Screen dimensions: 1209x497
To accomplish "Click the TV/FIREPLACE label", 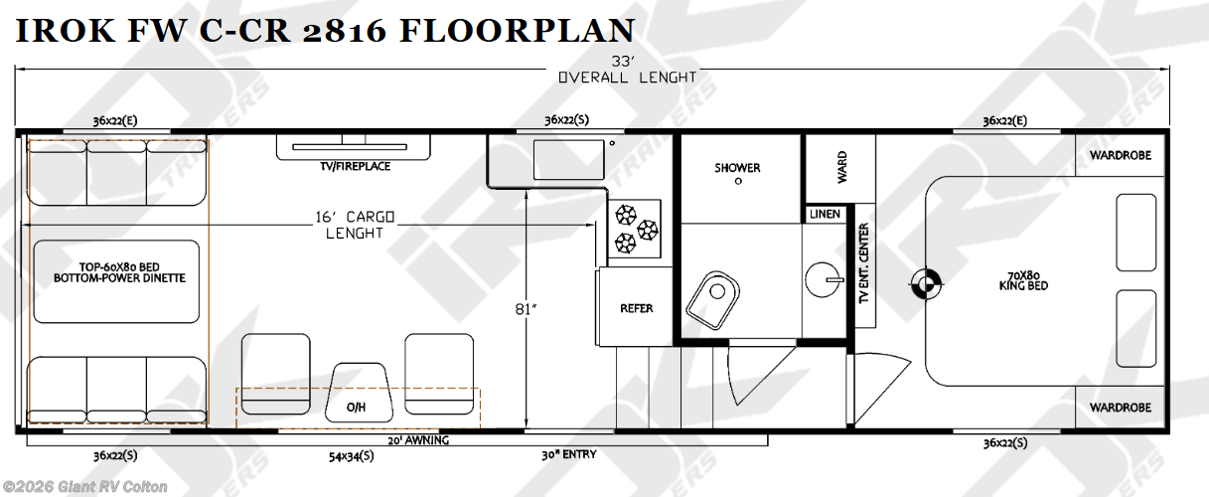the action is coord(355,166).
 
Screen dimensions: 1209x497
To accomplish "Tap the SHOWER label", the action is coord(737,168).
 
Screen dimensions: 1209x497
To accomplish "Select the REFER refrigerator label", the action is coord(637,308).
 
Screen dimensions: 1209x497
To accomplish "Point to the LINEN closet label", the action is coord(825,215).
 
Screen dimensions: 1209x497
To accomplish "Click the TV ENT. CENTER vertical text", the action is coord(863,263).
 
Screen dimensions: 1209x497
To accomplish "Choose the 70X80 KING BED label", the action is coord(1023,281).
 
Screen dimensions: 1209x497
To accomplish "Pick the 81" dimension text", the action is coord(526,309).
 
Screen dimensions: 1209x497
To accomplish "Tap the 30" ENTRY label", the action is coord(569,455).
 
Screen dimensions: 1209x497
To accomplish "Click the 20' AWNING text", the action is coord(418,440).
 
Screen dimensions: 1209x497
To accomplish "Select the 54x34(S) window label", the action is coord(352,456).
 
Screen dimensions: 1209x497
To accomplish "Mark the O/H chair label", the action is coord(357,408).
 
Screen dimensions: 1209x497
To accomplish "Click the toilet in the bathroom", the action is coord(712,300).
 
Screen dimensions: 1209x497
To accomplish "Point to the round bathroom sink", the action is coord(824,280).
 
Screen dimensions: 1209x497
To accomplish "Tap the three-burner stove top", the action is coord(635,229).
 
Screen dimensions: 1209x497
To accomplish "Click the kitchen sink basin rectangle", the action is coord(569,160).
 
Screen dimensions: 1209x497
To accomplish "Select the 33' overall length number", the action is coord(623,62).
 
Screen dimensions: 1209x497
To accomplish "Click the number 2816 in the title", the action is coord(345,30).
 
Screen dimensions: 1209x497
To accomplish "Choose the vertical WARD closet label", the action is coord(842,167).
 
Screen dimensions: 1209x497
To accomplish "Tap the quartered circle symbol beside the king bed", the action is coord(926,283).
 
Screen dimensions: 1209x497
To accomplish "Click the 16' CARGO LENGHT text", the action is coord(355,225).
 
